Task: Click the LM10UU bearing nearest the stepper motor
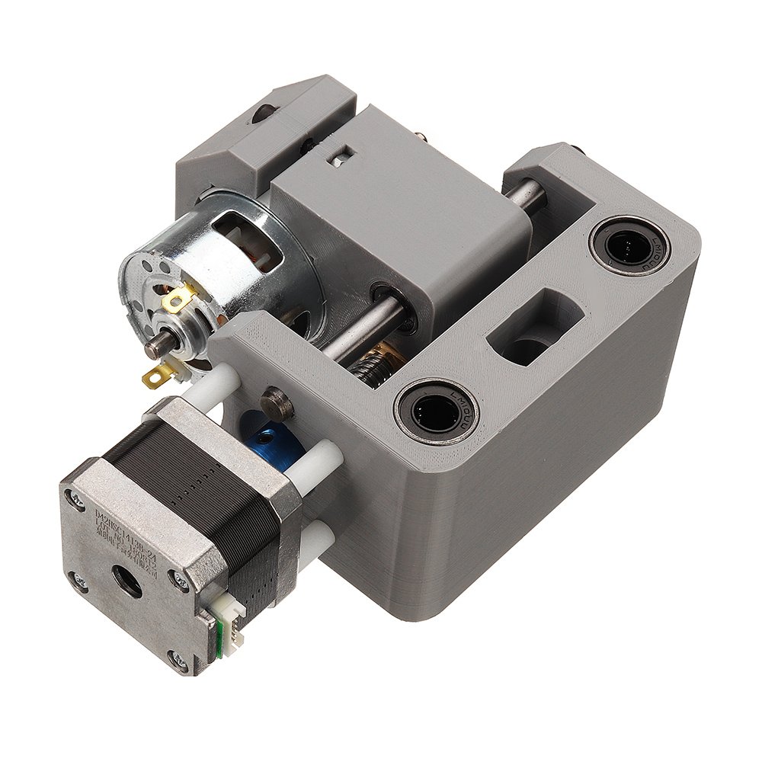pyautogui.click(x=435, y=411)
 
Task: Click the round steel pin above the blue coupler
pyautogui.click(x=277, y=402)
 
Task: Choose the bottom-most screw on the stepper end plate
pyautogui.click(x=177, y=661)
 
